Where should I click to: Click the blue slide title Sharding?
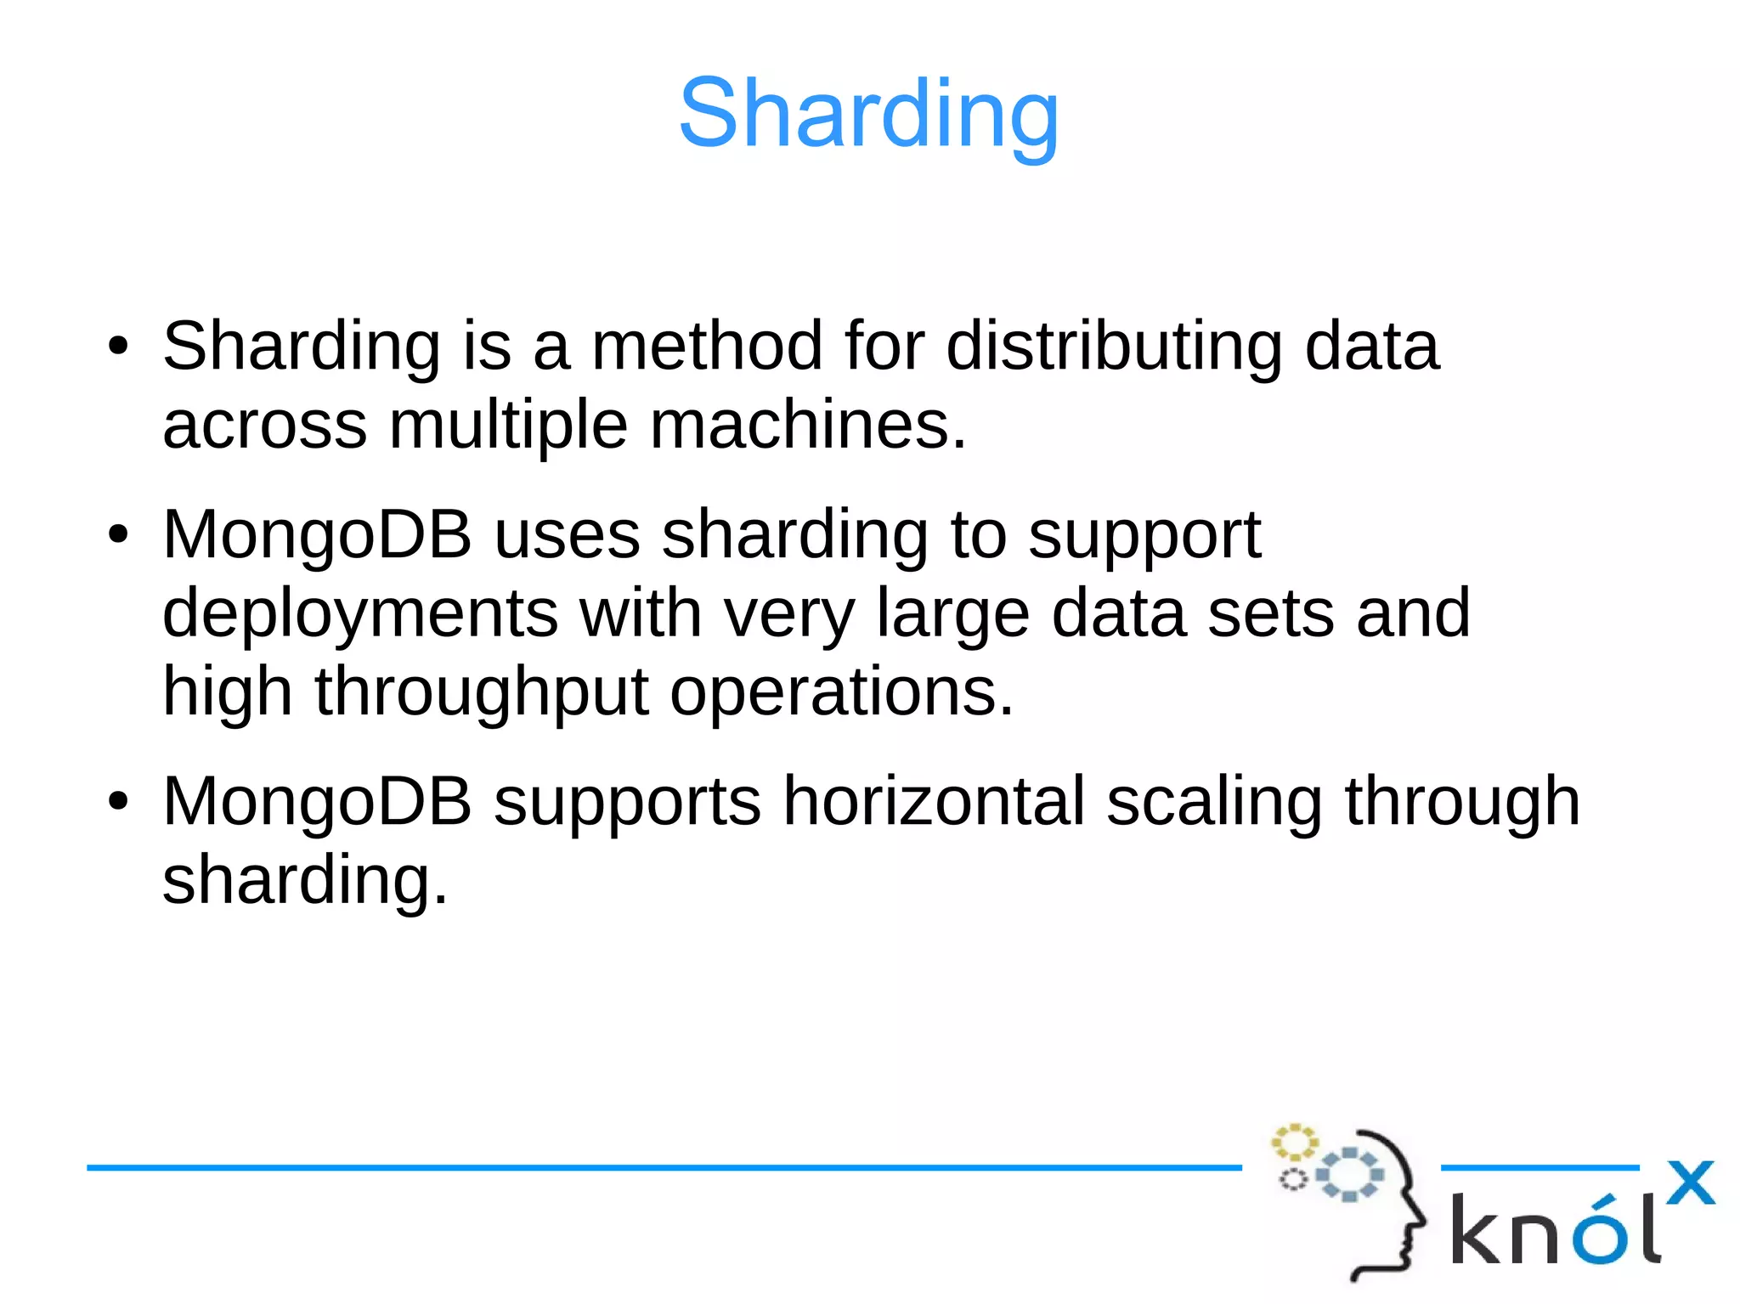tap(868, 114)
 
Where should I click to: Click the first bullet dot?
tap(118, 346)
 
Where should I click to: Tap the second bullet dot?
tap(118, 535)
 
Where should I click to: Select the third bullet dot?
tap(118, 801)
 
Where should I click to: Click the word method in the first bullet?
tap(706, 346)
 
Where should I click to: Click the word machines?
tap(807, 425)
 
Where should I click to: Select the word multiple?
tap(508, 425)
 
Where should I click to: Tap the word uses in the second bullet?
tap(567, 535)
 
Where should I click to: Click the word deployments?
tap(360, 613)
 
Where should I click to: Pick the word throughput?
tap(482, 692)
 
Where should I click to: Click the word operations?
tap(841, 692)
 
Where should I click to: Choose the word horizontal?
tap(934, 801)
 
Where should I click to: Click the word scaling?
tap(1214, 801)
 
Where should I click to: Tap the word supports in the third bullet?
tap(627, 801)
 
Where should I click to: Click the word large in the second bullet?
tap(952, 613)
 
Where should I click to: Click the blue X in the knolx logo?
tap(1690, 1183)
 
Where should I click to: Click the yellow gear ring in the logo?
tap(1293, 1142)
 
